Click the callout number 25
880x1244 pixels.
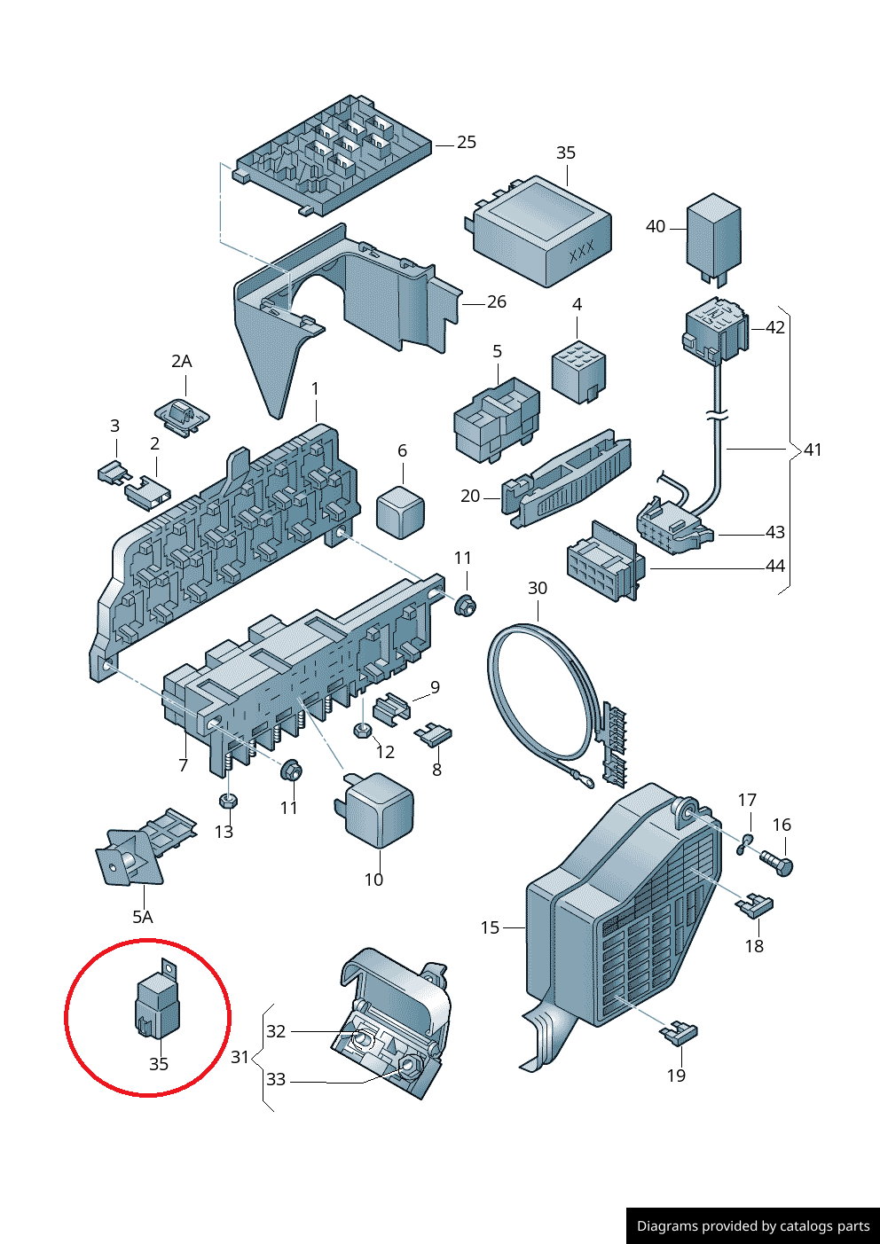467,143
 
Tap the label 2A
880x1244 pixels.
181,362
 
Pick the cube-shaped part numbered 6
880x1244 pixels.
401,511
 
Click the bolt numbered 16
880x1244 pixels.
776,862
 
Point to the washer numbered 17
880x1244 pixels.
744,844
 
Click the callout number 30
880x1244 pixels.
538,589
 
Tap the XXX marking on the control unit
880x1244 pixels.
581,253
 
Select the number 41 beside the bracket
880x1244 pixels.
813,450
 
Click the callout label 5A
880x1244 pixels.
142,917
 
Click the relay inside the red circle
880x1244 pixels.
157,1005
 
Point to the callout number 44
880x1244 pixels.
774,567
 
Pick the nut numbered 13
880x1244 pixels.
227,801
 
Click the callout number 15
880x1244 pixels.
490,927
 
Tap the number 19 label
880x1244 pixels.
676,1076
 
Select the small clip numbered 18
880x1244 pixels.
755,905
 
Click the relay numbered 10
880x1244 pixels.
380,809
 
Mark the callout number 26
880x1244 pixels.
497,302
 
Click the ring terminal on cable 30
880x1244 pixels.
583,780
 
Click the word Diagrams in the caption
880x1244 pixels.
666,1226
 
